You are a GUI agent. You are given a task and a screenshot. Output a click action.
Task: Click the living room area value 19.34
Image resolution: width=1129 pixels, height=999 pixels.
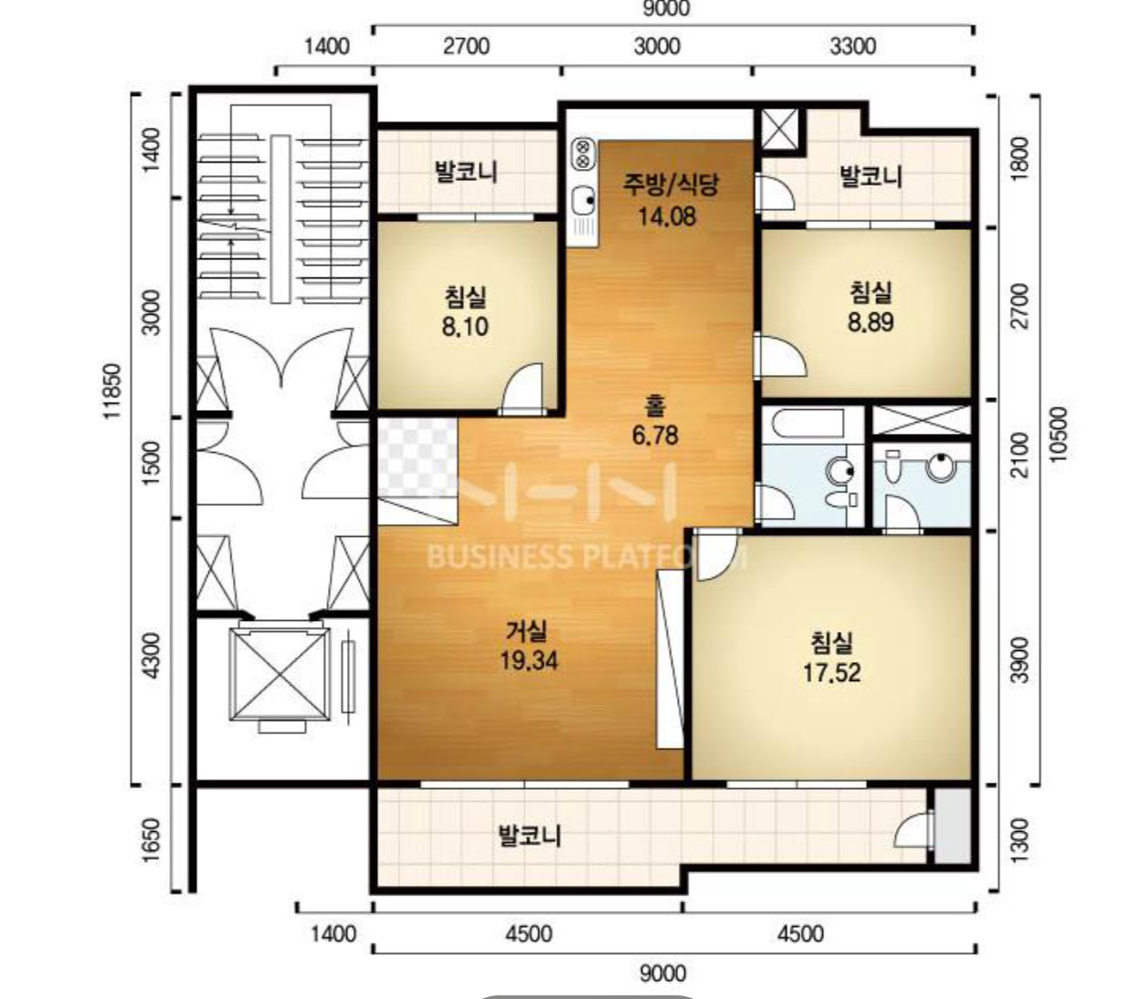pos(528,661)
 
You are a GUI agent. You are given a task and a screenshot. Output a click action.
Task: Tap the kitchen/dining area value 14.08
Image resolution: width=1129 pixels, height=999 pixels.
pos(667,216)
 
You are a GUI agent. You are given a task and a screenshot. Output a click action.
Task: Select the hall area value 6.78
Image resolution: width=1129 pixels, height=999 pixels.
pos(655,436)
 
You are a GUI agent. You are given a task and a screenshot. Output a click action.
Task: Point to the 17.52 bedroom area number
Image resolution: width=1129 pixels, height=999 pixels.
pos(831,672)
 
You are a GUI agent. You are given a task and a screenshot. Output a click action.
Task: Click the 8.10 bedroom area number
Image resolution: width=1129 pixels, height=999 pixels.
pos(465,327)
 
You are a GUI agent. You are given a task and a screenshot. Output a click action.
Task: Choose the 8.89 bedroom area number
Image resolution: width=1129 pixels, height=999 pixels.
pos(870,322)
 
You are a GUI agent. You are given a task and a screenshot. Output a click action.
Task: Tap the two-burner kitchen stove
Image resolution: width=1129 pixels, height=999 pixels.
pos(583,153)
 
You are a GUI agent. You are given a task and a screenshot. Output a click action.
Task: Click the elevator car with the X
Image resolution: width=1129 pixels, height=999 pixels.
pos(279,674)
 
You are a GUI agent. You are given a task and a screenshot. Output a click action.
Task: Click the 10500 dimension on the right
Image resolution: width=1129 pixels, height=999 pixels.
pos(1059,435)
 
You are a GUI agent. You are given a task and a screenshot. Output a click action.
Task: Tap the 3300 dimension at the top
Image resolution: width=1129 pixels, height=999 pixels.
pos(852,47)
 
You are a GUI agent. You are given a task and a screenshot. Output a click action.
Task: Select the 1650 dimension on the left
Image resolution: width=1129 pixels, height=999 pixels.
pos(151,839)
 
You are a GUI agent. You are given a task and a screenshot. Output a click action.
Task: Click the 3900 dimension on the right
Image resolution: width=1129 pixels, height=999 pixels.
pos(1019,660)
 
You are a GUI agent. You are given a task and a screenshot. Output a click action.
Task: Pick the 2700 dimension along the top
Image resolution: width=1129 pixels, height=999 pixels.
pos(467,47)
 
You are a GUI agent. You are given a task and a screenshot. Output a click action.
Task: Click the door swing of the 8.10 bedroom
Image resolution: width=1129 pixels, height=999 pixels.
pos(522,388)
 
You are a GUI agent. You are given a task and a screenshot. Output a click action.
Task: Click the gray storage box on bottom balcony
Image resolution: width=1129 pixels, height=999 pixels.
pos(953,825)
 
